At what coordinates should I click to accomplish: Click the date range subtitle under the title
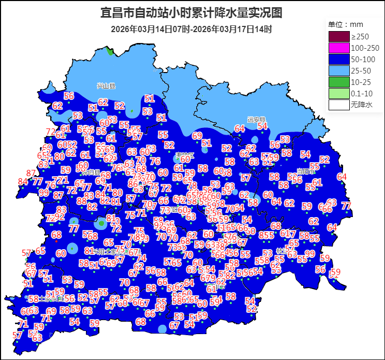pos(191,29)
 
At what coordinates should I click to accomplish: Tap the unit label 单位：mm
pos(346,24)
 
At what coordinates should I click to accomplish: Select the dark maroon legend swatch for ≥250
pos(338,37)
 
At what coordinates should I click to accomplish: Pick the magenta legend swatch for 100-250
pos(338,48)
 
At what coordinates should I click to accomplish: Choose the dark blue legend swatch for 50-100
pos(338,60)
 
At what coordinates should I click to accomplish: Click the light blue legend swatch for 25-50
pos(338,71)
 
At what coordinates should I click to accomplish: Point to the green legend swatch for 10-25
pos(338,82)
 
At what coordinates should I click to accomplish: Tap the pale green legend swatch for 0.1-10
pos(338,94)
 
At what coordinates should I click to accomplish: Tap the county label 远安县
pos(256,119)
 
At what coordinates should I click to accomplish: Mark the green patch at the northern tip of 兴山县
pos(110,51)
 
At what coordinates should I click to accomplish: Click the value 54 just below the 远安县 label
pos(262,126)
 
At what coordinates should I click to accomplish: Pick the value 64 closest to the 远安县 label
pos(240,128)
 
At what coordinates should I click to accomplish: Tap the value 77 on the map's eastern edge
pos(346,206)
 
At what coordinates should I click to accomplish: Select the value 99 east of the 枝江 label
pos(309,253)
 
